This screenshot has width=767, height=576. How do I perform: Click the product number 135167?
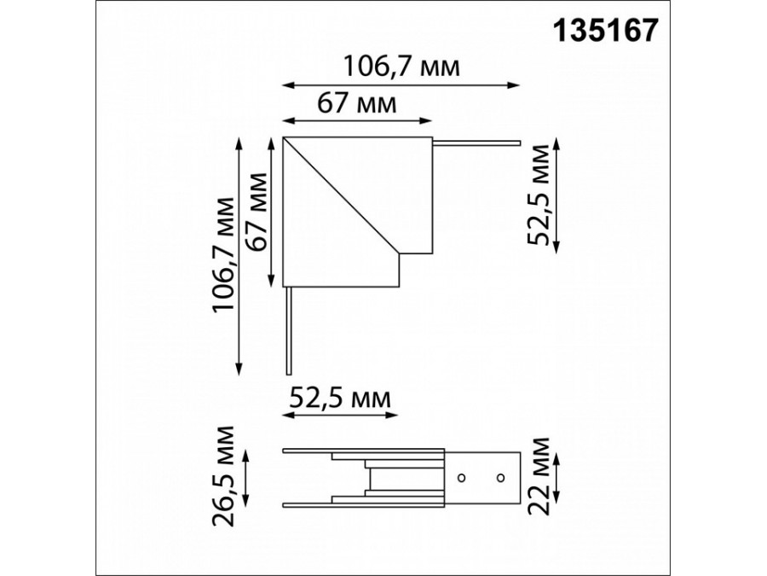tap(605, 31)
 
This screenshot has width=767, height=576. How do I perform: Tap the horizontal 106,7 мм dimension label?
tap(401, 67)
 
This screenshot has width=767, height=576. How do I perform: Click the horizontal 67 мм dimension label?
tap(356, 103)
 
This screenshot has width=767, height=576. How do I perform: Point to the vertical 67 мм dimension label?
tap(257, 212)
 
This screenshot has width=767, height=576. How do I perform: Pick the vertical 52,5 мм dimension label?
tap(539, 195)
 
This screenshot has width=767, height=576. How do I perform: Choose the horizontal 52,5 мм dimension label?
tap(340, 399)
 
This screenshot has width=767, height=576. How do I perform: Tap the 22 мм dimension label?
tap(539, 476)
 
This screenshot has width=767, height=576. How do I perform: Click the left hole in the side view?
tap(461, 478)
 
